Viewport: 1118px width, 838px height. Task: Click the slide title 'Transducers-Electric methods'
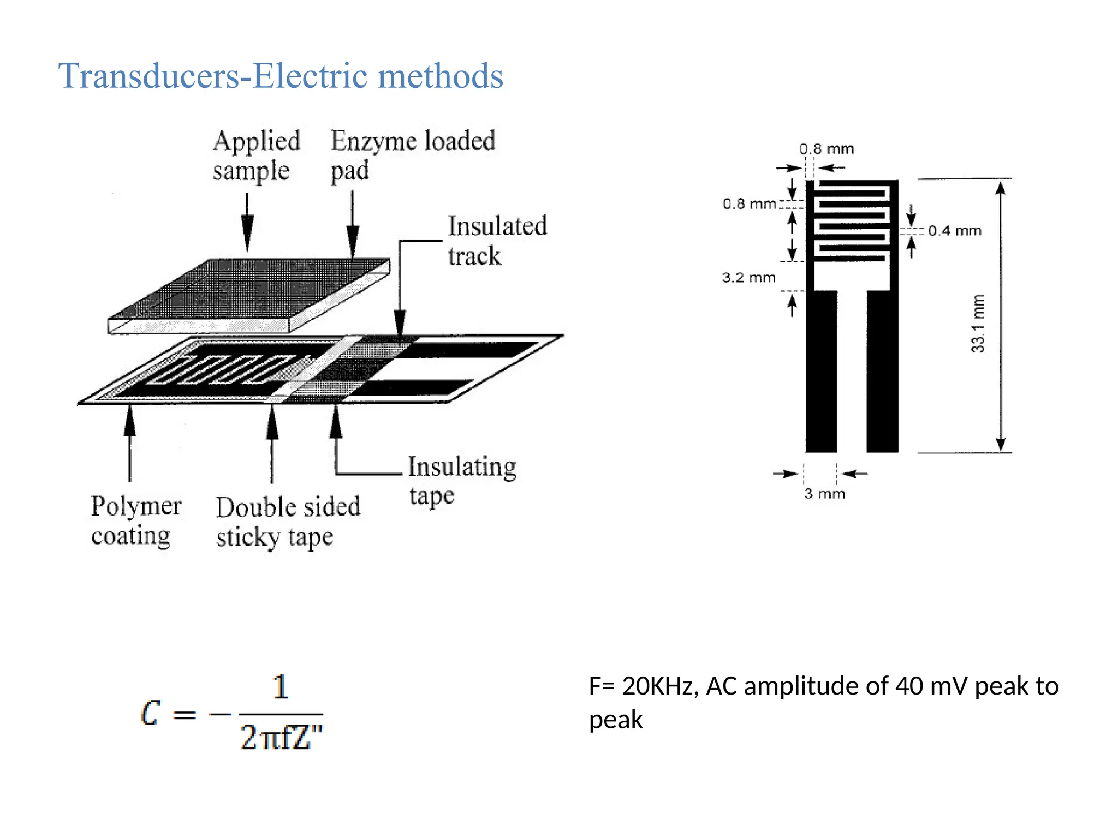281,76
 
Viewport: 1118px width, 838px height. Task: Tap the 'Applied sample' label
256,155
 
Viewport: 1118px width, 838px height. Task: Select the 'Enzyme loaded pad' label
413,155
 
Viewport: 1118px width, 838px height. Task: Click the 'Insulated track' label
497,241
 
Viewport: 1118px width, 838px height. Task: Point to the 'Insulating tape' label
462,481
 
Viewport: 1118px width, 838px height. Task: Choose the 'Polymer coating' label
135,520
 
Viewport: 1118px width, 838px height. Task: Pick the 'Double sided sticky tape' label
288,522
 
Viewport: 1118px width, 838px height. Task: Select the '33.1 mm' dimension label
978,324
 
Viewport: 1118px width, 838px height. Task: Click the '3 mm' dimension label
824,494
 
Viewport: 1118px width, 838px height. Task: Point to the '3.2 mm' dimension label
748,277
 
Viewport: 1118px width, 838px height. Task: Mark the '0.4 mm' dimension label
954,231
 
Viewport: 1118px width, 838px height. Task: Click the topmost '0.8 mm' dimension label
826,149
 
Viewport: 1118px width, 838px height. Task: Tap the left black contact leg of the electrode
821,371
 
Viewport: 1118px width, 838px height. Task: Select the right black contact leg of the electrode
882,371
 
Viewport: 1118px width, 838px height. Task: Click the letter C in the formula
151,713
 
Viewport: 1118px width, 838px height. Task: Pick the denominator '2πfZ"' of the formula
281,738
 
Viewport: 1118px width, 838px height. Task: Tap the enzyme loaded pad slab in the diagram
248,295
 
